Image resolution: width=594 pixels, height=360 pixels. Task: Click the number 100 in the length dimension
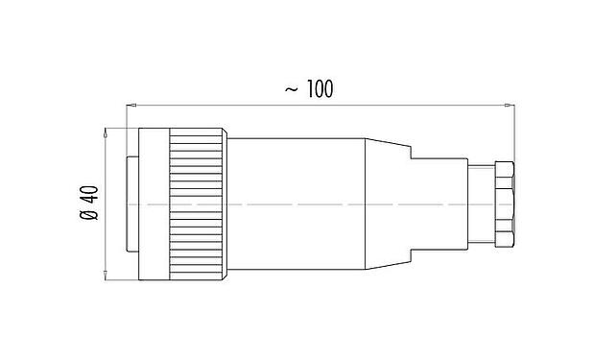click(x=320, y=89)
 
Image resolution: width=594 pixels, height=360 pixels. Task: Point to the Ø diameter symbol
click(x=88, y=218)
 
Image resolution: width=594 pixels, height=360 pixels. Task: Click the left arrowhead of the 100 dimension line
click(x=131, y=103)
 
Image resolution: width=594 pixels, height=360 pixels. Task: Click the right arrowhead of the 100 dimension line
click(x=511, y=103)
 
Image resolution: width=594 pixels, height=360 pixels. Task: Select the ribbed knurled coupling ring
click(x=199, y=204)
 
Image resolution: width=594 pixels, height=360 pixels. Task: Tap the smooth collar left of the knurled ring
click(x=154, y=204)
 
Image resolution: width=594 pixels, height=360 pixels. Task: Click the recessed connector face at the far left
click(x=132, y=204)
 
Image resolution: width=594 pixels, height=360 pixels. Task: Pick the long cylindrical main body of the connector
click(x=297, y=204)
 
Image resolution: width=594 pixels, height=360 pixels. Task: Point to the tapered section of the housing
click(x=389, y=204)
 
